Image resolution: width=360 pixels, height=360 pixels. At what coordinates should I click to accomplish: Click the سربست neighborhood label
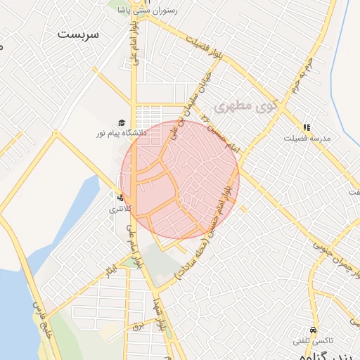[x=79, y=34]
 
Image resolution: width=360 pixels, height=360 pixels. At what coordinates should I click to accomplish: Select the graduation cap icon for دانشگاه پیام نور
[x=122, y=122]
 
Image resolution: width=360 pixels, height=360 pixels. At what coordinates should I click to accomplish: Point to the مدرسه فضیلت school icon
[x=307, y=127]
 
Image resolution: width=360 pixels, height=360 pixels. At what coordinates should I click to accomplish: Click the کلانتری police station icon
[x=121, y=198]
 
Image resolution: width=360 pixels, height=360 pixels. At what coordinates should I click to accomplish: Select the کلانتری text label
[x=115, y=210]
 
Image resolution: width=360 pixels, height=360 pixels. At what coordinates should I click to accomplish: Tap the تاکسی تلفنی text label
[x=310, y=340]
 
